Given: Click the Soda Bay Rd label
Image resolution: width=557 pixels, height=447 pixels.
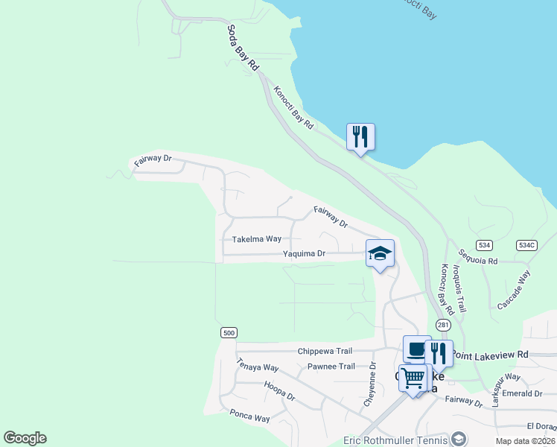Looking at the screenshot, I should pyautogui.click(x=243, y=48).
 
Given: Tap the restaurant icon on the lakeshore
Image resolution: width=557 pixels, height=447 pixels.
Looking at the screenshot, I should pyautogui.click(x=360, y=137).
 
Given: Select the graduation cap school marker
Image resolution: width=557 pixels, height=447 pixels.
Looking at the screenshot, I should pyautogui.click(x=380, y=254).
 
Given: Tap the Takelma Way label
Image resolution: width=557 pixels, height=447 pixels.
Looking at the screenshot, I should pyautogui.click(x=257, y=240).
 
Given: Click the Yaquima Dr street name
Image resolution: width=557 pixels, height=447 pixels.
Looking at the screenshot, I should pyautogui.click(x=304, y=254).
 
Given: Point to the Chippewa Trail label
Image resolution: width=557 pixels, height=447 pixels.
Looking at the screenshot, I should pyautogui.click(x=323, y=351).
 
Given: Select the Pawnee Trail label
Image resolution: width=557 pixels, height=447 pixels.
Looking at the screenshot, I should pyautogui.click(x=331, y=367).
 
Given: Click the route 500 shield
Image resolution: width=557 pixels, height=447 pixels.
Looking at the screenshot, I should pyautogui.click(x=229, y=332).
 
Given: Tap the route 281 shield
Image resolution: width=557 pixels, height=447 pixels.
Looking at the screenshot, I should pyautogui.click(x=444, y=325).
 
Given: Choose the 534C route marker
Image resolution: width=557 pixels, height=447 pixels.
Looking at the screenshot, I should pyautogui.click(x=526, y=245).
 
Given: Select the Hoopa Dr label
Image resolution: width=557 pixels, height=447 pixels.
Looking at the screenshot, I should pyautogui.click(x=279, y=392).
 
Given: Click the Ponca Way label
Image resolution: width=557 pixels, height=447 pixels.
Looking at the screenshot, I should pyautogui.click(x=249, y=416).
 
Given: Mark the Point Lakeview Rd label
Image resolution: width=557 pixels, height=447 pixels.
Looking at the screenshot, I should pyautogui.click(x=491, y=354).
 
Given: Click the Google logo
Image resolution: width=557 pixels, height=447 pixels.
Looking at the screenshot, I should pyautogui.click(x=25, y=438).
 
